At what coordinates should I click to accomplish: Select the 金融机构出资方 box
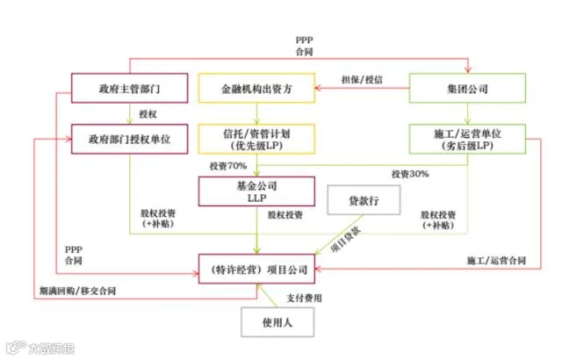coord(256,89)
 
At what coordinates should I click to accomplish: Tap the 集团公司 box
coord(467,89)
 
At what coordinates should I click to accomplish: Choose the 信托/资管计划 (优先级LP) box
coord(256,139)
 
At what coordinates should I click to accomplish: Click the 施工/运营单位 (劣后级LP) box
coord(467,139)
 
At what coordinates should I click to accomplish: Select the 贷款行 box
coord(364,200)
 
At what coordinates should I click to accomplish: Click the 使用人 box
coord(277,322)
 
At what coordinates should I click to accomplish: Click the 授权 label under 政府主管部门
coord(148,114)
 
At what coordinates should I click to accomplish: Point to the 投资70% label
coord(227,165)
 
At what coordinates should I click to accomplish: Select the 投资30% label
coord(410,174)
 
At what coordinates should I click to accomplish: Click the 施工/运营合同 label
coord(496,261)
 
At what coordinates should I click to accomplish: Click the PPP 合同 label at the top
coord(305,47)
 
